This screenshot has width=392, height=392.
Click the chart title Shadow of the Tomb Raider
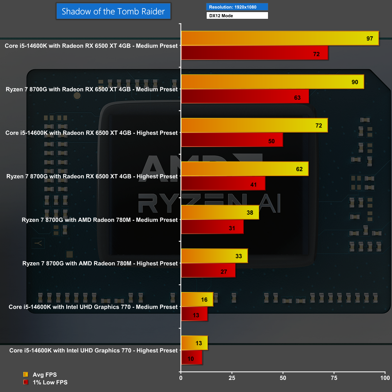(113, 11)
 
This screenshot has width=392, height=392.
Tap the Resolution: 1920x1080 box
(237, 7)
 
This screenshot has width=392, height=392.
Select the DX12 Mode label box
(237, 15)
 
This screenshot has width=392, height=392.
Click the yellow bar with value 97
(280, 38)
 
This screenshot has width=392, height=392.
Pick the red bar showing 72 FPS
(254, 53)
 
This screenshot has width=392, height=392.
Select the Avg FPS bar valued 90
(272, 82)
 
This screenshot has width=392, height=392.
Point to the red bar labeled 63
(245, 96)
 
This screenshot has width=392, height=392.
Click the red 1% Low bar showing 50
(232, 140)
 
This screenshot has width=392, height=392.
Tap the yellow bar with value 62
(245, 169)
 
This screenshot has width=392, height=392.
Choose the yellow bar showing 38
(220, 212)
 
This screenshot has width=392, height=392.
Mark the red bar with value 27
(208, 270)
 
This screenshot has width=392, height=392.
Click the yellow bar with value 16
(197, 299)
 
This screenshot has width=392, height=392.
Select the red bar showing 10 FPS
(192, 357)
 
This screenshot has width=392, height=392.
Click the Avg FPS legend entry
(44, 375)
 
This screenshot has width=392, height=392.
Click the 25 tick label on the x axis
(232, 378)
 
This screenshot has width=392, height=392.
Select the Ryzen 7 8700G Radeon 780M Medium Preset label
(100, 220)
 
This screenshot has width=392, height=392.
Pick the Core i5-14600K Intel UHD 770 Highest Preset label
(93, 351)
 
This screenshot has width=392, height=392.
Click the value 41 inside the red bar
(253, 185)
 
